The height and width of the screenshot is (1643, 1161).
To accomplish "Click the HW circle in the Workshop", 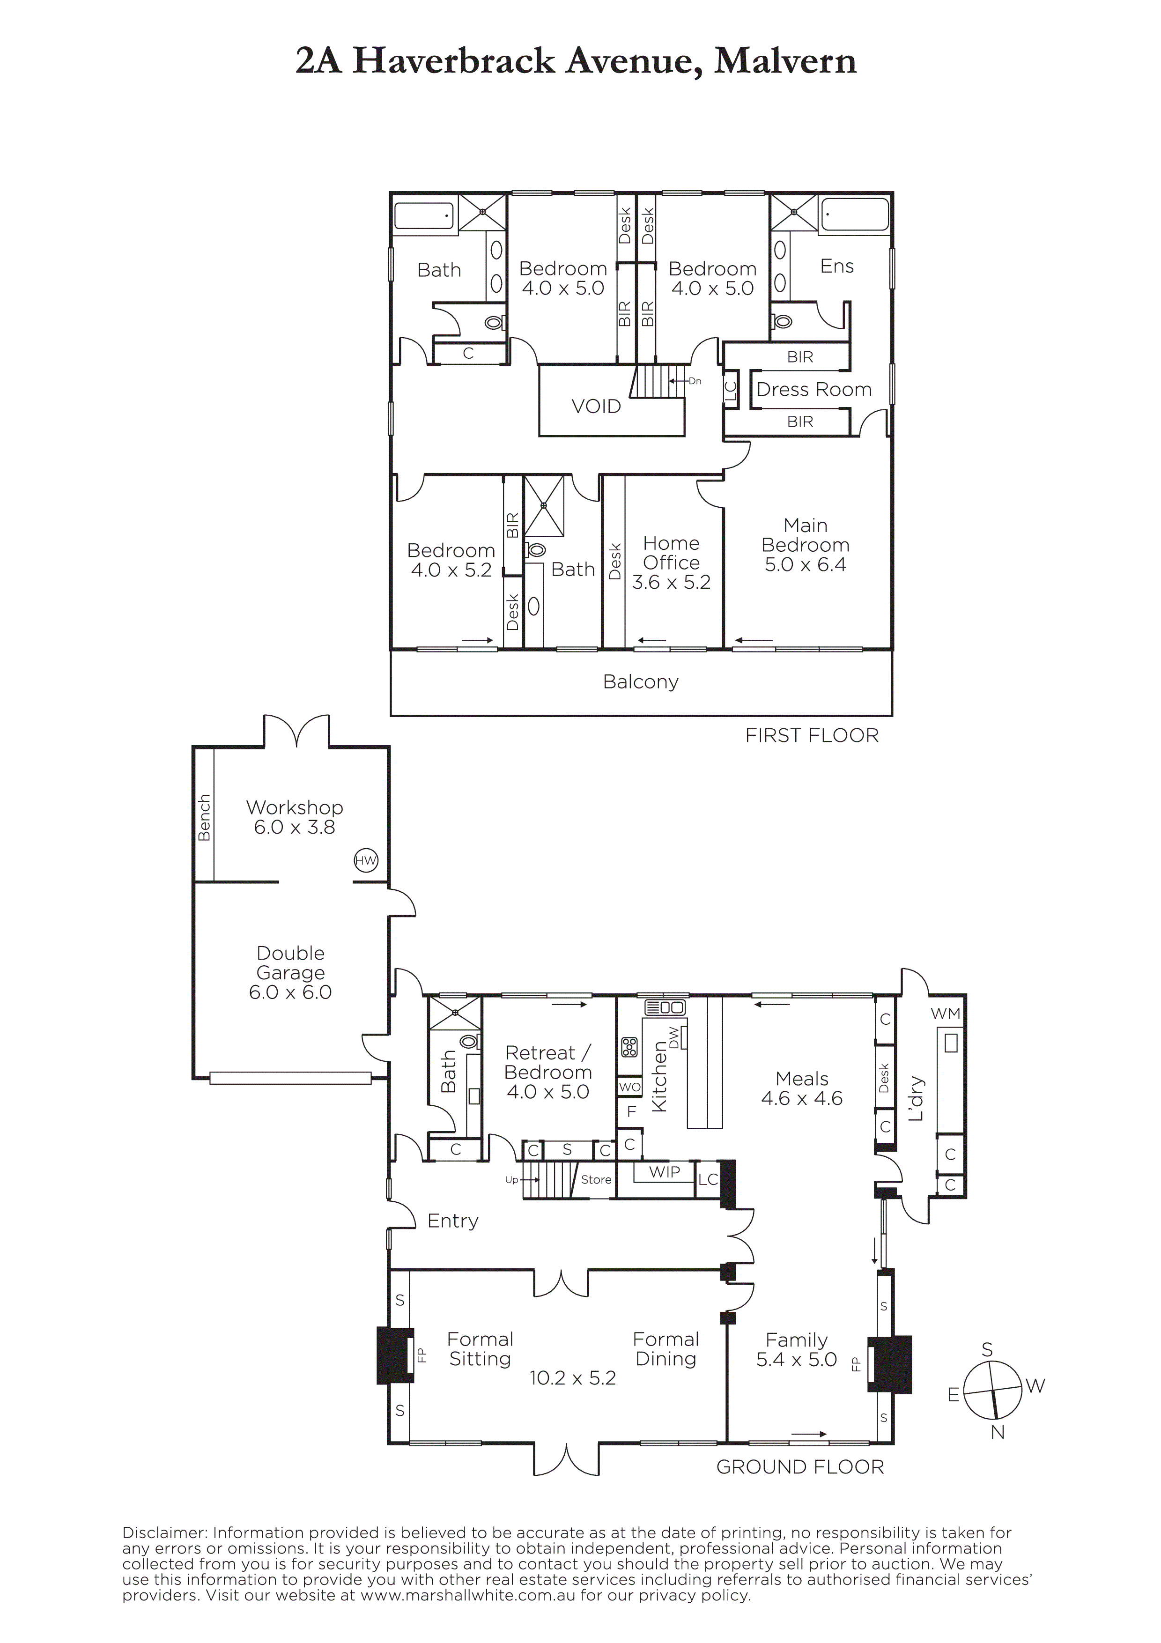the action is [x=366, y=861].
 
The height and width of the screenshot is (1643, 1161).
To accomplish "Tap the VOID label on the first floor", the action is [x=596, y=407].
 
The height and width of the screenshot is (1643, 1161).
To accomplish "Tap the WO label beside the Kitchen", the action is [x=629, y=1087].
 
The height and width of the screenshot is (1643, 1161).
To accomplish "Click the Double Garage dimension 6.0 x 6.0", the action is [x=290, y=992].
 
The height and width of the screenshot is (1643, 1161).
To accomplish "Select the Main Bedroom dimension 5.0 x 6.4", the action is [x=806, y=564].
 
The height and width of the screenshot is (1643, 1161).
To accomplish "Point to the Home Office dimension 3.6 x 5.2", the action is [x=671, y=583].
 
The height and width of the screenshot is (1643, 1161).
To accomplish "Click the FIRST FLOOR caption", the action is [x=812, y=736].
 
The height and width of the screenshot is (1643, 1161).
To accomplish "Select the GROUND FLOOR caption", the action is [x=800, y=1468].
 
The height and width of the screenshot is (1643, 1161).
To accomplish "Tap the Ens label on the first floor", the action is [x=837, y=266].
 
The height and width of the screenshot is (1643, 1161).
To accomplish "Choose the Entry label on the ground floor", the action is [x=453, y=1221].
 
